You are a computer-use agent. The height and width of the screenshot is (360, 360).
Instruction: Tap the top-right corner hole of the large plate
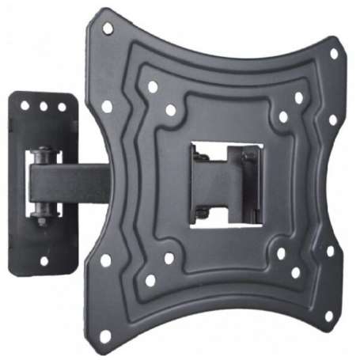point(334,54)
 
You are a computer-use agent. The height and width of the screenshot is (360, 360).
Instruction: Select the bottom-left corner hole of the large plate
point(104,335)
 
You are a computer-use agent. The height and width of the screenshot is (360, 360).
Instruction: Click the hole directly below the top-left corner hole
point(107,105)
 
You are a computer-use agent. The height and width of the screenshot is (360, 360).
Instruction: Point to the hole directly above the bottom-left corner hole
point(105,260)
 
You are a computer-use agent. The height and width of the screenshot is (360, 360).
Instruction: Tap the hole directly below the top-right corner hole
point(332,120)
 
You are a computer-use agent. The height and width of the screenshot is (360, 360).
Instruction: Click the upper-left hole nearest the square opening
point(170,109)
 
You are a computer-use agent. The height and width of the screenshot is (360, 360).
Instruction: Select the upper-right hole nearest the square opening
point(283,116)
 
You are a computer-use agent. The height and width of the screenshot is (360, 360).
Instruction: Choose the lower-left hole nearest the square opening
point(169,258)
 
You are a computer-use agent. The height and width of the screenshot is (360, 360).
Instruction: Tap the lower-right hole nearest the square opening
point(281,254)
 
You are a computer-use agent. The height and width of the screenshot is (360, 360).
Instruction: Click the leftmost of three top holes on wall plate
point(25,104)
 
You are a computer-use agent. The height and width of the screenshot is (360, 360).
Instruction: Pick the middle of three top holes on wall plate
point(44,105)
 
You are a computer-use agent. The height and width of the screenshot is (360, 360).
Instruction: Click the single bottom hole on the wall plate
point(44,260)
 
